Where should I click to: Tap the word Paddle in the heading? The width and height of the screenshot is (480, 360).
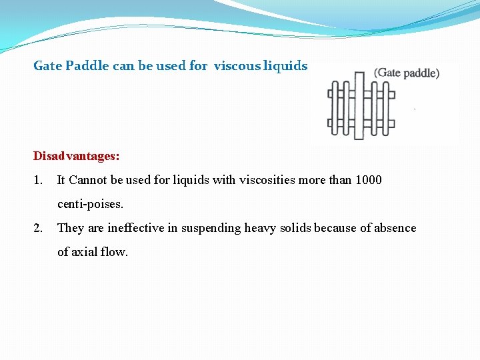coord(83,66)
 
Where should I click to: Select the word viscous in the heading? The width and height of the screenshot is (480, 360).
coord(237,66)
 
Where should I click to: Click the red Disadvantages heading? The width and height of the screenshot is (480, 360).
coord(77,156)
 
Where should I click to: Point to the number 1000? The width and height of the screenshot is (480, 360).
coord(368,180)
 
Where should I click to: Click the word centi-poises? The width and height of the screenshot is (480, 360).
coord(90,204)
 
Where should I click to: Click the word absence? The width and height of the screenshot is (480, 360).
coord(393,228)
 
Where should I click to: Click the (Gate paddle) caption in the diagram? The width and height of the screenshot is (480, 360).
coord(407,73)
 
